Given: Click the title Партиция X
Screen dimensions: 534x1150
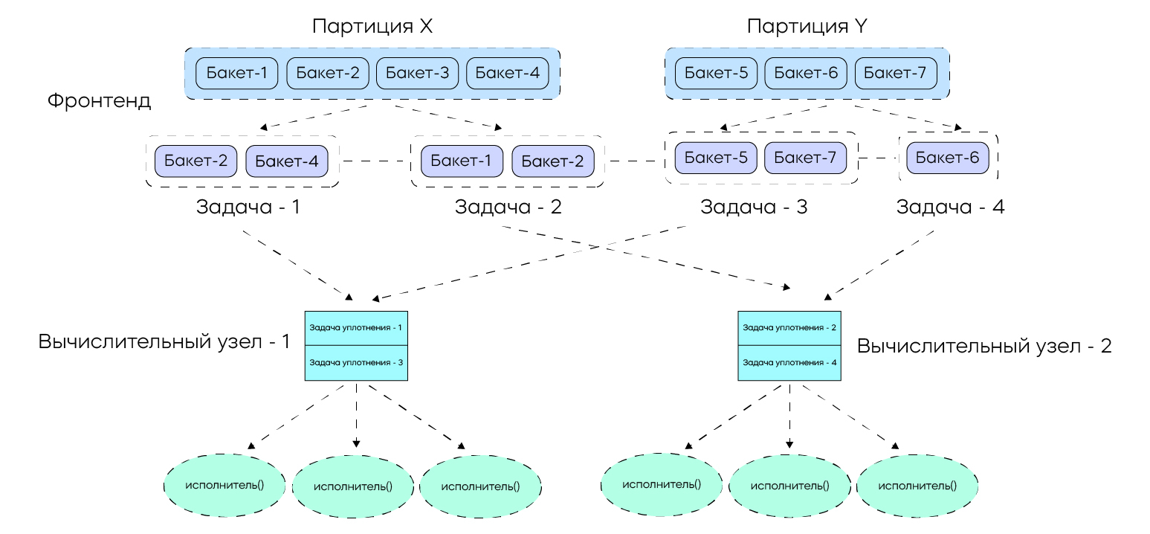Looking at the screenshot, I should (x=372, y=27).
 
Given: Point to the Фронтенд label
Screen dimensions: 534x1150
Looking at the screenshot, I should (x=100, y=100).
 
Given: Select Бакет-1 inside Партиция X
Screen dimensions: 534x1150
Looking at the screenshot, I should (x=237, y=73).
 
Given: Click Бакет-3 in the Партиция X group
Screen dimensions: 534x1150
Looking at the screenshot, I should (x=418, y=73).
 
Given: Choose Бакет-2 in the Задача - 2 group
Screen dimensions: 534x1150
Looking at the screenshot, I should (x=552, y=161).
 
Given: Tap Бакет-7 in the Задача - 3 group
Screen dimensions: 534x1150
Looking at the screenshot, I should (x=806, y=158).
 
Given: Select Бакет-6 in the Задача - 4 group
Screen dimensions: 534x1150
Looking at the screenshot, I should (x=948, y=158).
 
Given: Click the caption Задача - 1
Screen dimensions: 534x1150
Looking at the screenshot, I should (x=248, y=208).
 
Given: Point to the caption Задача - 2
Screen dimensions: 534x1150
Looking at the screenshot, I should (x=508, y=208).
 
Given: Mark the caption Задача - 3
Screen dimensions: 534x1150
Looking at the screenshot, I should (x=754, y=208).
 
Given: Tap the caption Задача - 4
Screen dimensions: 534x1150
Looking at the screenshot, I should (x=950, y=208).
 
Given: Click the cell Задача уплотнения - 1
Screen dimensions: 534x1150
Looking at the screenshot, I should (x=356, y=328).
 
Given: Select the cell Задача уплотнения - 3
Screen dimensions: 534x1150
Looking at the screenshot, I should (x=356, y=363).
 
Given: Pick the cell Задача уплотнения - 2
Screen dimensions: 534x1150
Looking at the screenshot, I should (x=789, y=328).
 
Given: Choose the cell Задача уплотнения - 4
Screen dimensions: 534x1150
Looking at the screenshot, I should (x=789, y=363).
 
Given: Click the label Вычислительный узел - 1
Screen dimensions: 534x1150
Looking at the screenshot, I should (x=164, y=342).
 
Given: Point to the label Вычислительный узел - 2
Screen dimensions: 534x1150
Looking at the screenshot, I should (x=984, y=346).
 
